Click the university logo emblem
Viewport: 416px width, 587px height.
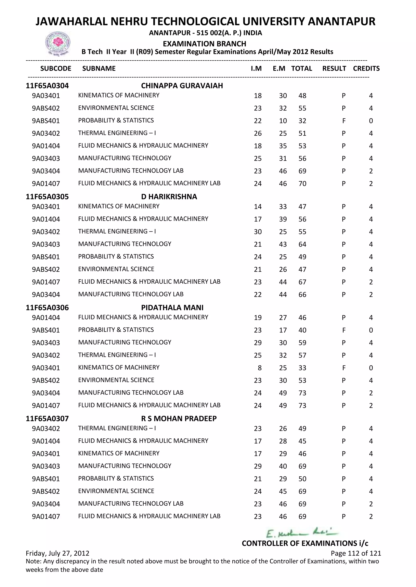click(x=58, y=43)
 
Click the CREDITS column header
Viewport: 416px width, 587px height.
click(x=366, y=69)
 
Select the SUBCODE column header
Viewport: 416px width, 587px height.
click(x=56, y=69)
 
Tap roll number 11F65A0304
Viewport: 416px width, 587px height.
click(x=47, y=86)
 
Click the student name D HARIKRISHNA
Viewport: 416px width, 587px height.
click(x=169, y=197)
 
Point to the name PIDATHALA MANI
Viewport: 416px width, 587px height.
click(x=172, y=307)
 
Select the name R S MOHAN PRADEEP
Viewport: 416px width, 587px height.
click(x=179, y=419)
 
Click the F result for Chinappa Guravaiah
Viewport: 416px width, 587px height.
click(x=344, y=121)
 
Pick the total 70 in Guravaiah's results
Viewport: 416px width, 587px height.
click(x=302, y=184)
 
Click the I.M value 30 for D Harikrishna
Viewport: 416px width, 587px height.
click(x=258, y=232)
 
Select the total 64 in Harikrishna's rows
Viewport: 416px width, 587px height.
click(x=302, y=244)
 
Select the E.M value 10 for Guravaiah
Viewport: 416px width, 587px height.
click(x=283, y=121)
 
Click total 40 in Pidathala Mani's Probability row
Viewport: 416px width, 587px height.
click(x=302, y=330)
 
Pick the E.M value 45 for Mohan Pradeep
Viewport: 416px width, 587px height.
click(x=283, y=491)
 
